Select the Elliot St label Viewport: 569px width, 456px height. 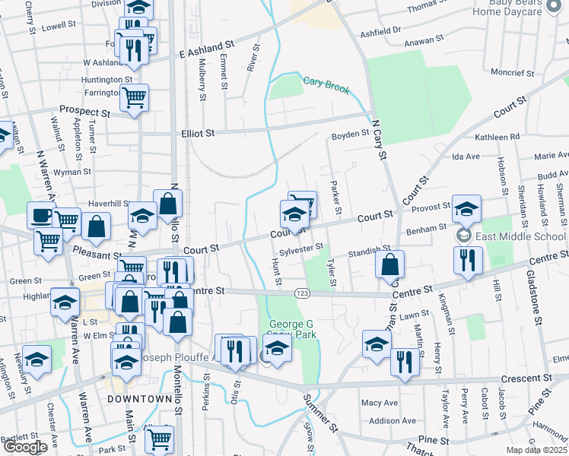tap(198, 132)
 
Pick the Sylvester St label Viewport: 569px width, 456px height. tap(301, 249)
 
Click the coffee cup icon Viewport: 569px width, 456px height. tap(40, 215)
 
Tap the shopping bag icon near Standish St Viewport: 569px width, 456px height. tap(389, 264)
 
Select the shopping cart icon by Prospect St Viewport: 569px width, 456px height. tap(134, 97)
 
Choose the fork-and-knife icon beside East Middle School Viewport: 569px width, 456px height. tap(468, 259)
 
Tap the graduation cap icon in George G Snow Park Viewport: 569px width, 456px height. tap(278, 348)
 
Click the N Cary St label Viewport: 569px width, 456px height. tap(378, 138)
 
